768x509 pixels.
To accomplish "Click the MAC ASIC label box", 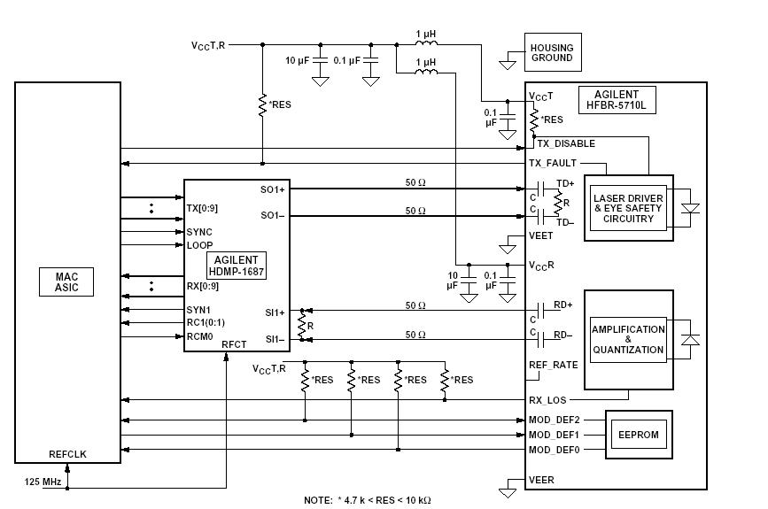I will [x=66, y=282].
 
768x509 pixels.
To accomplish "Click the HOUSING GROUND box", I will [x=551, y=53].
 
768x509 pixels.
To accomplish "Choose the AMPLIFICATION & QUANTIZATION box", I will [x=628, y=339].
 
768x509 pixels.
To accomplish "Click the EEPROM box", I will [x=636, y=435].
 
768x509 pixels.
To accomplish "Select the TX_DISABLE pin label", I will [x=561, y=143].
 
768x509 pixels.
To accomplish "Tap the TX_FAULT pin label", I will [x=553, y=163].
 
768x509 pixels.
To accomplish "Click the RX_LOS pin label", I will [x=547, y=400].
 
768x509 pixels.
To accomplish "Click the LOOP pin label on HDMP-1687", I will [x=199, y=245].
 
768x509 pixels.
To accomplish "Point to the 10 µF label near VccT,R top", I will [x=297, y=60].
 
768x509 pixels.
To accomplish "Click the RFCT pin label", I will [x=234, y=344].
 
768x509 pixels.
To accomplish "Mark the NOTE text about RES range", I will [x=367, y=500].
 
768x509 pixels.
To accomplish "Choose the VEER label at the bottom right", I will [x=541, y=481].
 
